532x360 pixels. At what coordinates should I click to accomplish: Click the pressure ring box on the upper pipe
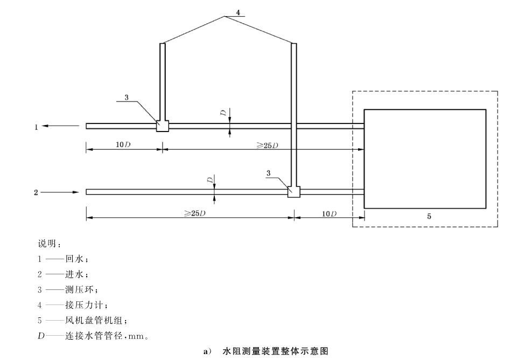(x=163, y=126)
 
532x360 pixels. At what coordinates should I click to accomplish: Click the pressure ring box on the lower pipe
(x=293, y=191)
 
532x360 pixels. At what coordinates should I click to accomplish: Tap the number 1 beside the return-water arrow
(x=37, y=127)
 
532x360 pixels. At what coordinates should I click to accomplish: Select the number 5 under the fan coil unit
(x=429, y=216)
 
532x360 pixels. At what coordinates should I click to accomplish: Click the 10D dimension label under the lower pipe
(x=330, y=213)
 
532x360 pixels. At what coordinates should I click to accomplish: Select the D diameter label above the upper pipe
(x=222, y=112)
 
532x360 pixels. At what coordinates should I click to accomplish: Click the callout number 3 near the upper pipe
(x=127, y=98)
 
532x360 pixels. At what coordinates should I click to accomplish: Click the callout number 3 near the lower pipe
(x=268, y=172)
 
